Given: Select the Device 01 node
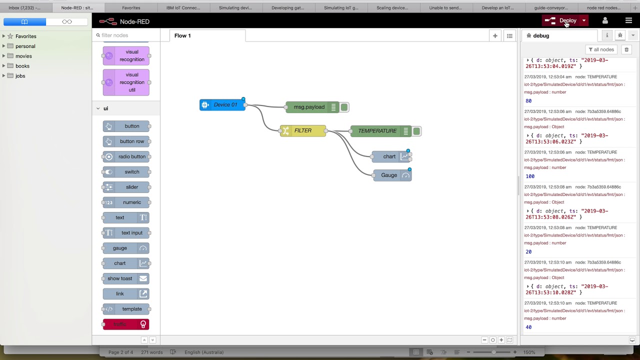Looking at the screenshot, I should [222, 105].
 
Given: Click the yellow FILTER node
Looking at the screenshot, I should [302, 131].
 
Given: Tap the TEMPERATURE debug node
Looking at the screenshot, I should [377, 131].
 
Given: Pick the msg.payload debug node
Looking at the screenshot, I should [309, 107].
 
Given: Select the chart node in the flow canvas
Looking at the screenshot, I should [389, 156].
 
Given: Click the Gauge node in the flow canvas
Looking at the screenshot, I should [389, 175].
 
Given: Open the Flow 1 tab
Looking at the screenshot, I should [182, 35].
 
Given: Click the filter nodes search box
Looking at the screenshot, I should [127, 35].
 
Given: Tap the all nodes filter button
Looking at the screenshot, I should [601, 49].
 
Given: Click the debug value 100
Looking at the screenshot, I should [530, 176].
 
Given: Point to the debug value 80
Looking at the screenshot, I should [528, 101].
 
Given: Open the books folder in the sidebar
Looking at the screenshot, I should [22, 66].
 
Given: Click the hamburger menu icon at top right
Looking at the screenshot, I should [628, 20].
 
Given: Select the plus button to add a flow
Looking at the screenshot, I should [495, 35].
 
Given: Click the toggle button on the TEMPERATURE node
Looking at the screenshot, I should [416, 131].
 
